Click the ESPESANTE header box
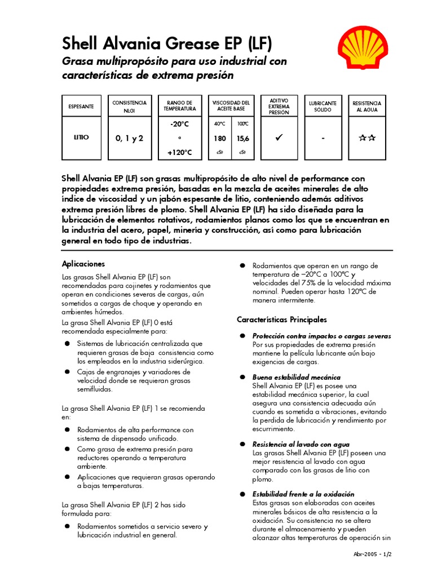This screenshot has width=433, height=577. tap(81, 106)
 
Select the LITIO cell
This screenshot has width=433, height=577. tap(81, 137)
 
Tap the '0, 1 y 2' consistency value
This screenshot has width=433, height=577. tap(129, 138)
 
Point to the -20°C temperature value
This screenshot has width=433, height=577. tap(180, 124)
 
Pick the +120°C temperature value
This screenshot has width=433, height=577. tap(180, 152)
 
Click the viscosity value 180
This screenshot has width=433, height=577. tap(219, 138)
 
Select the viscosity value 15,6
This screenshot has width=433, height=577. tap(242, 138)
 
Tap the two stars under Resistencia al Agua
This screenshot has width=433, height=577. tap(367, 137)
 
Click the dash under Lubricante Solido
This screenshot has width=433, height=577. tap(323, 138)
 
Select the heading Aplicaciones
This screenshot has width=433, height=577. tap(83, 264)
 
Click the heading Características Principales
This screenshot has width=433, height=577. tap(281, 319)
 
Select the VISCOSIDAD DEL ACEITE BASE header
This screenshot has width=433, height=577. tap(231, 106)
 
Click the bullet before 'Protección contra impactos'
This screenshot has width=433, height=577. tap(241, 336)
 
